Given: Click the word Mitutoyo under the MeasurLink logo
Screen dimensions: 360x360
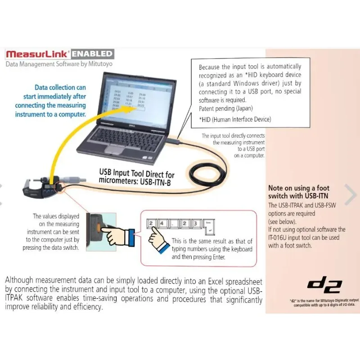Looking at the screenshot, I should pyautogui.click(x=98, y=64).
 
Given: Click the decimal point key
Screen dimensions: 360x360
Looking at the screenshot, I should pyautogui.click(x=173, y=223).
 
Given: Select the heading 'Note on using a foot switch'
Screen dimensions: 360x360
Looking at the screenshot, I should pyautogui.click(x=298, y=192).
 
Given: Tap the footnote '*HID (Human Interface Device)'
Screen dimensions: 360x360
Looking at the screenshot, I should pyautogui.click(x=235, y=119).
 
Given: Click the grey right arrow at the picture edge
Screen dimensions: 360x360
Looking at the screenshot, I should pyautogui.click(x=351, y=194).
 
